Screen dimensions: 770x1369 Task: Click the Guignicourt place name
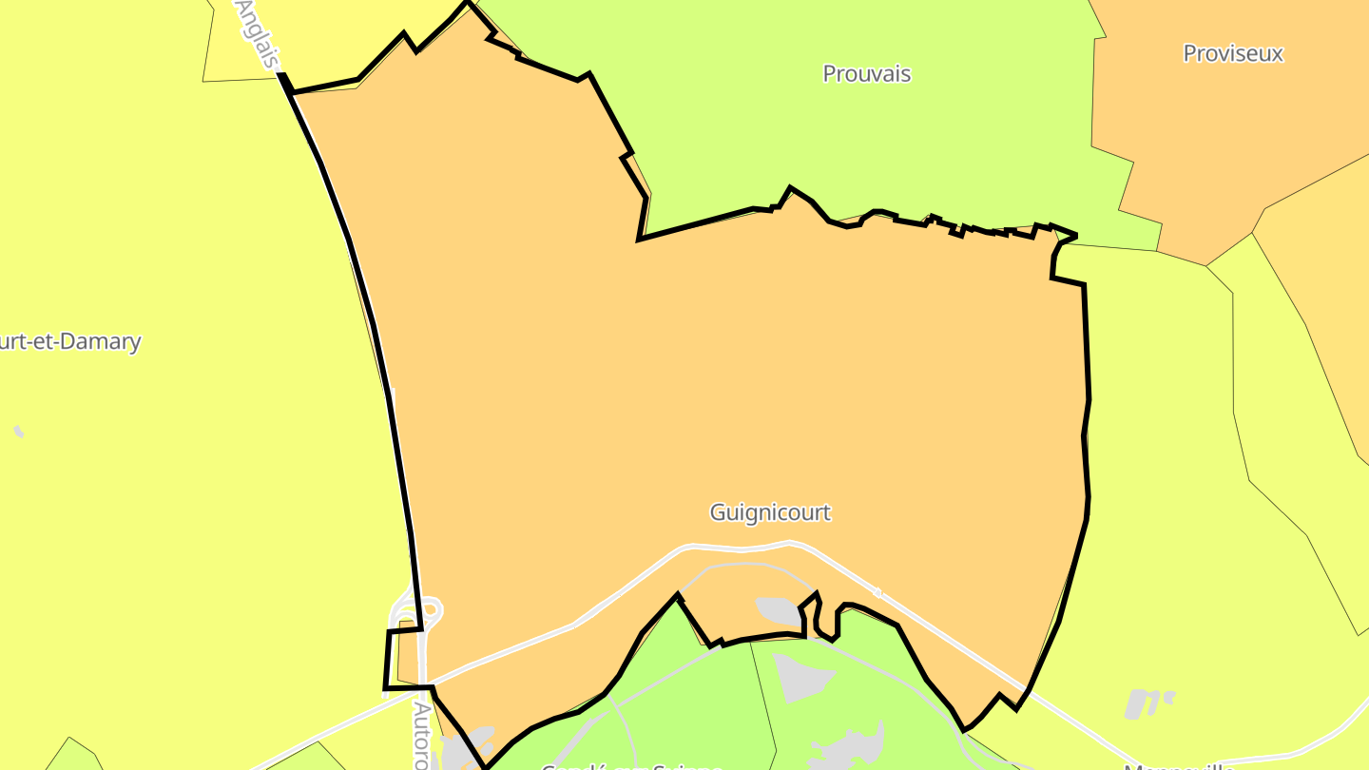click(770, 512)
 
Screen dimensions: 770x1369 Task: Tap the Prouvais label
click(866, 74)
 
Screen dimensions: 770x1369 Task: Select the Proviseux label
click(1232, 53)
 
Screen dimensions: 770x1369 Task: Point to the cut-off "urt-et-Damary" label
click(71, 342)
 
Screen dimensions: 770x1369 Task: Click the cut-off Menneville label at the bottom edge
click(1179, 765)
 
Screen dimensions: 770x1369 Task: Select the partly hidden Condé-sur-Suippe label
click(631, 765)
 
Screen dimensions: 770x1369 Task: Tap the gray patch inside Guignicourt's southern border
click(778, 610)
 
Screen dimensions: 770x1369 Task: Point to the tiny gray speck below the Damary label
click(18, 432)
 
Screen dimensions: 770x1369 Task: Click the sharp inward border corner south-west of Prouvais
click(640, 239)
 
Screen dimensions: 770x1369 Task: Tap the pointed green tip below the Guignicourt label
click(678, 598)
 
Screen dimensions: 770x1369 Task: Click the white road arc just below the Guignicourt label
click(742, 548)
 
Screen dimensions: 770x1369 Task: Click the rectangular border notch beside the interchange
click(401, 656)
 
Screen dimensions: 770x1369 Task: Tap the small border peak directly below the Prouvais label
click(790, 188)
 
